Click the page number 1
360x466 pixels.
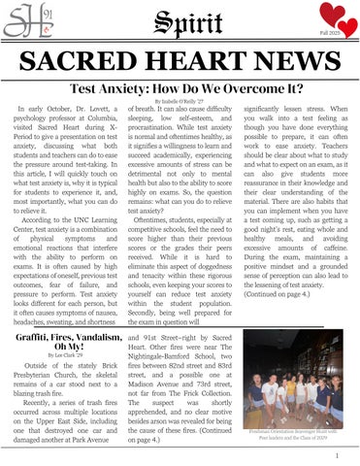pos(335,453)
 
